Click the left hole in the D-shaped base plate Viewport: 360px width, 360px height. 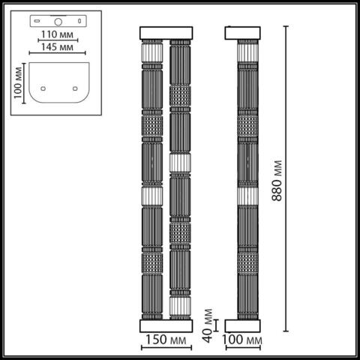43,88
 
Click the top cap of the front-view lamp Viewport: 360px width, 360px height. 166,32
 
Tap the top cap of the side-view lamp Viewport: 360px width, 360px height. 243,32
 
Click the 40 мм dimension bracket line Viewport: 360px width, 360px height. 217,325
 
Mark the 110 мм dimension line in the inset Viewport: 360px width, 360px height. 58,41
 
